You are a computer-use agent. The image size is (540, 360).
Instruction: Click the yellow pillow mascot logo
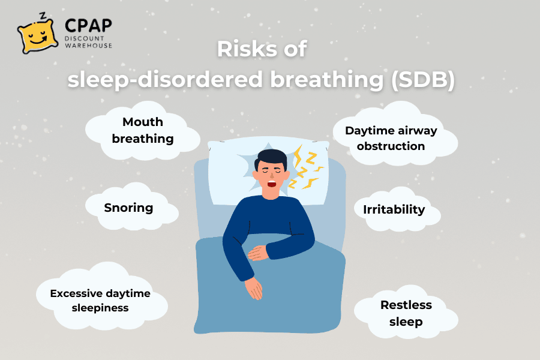pyautogui.click(x=38, y=36)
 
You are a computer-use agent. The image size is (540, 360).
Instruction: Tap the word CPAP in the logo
pyautogui.click(x=88, y=25)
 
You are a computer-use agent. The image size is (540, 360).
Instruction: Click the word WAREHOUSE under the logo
pyautogui.click(x=89, y=46)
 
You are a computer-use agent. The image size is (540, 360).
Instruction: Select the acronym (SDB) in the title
pyautogui.click(x=423, y=80)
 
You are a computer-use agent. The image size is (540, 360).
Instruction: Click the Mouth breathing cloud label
pyautogui.click(x=143, y=130)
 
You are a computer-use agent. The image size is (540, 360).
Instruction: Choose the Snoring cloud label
pyautogui.click(x=128, y=208)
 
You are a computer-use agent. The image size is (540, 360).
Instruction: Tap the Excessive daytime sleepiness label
pyautogui.click(x=100, y=301)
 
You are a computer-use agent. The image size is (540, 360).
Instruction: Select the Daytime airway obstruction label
pyautogui.click(x=391, y=139)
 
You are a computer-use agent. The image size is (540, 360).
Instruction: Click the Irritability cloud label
pyautogui.click(x=394, y=209)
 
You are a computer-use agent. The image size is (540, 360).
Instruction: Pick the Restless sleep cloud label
pyautogui.click(x=406, y=313)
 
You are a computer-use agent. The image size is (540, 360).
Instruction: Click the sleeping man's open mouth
pyautogui.click(x=272, y=183)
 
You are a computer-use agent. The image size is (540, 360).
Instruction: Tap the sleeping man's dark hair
pyautogui.click(x=271, y=158)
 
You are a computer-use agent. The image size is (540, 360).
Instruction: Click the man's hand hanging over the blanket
pyautogui.click(x=254, y=288)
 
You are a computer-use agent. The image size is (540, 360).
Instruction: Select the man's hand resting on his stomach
pyautogui.click(x=257, y=253)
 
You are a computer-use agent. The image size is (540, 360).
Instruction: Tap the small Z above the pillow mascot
pyautogui.click(x=43, y=16)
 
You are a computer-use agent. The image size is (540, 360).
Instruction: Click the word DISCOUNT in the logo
pyautogui.click(x=84, y=38)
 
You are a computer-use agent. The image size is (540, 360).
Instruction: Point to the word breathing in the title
pyautogui.click(x=327, y=80)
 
